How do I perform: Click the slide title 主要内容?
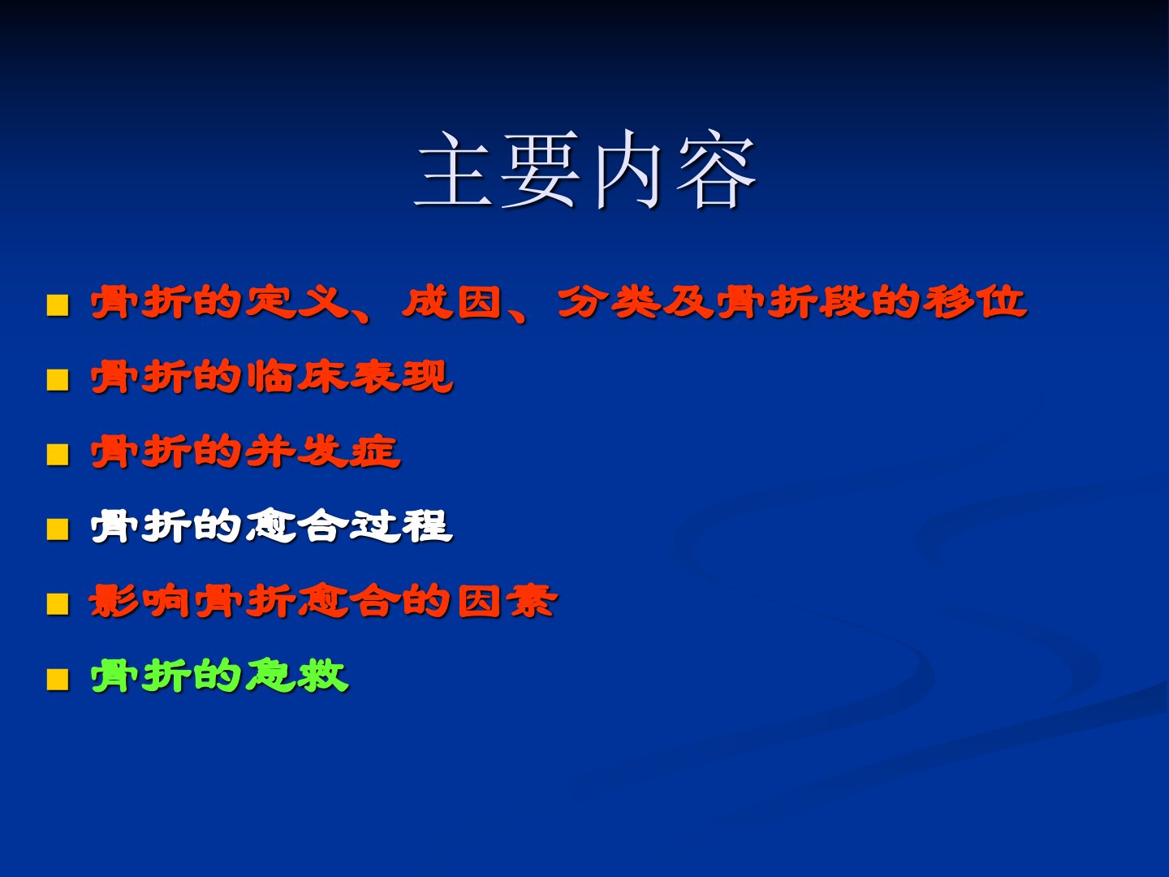pos(585,170)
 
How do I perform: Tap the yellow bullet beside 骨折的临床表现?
pos(58,380)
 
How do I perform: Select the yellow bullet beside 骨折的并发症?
pos(58,454)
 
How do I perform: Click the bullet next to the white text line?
pos(58,529)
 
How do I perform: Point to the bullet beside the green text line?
pos(58,679)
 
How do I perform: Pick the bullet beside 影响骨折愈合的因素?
pos(58,604)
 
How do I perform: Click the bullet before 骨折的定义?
pos(58,305)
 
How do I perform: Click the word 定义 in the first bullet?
pos(296,302)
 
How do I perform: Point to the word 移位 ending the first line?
pos(975,302)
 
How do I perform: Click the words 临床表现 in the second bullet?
pos(350,377)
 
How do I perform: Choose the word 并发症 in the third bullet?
pos(323,451)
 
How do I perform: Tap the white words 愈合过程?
pos(350,527)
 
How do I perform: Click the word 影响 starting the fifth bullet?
pos(140,601)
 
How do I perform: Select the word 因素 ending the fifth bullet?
pos(507,601)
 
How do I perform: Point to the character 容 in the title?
pos(716,171)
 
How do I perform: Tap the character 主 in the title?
pos(455,170)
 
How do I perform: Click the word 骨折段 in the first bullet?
pos(792,302)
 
